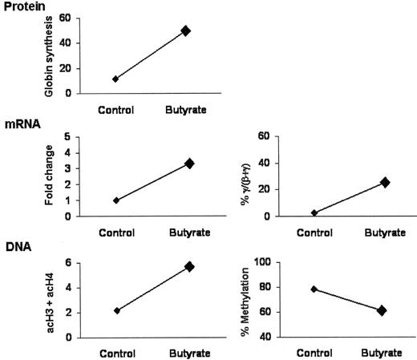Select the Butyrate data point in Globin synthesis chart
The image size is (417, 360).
(x=186, y=30)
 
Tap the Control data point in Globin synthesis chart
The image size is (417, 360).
(x=115, y=79)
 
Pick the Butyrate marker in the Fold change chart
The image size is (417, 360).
(x=189, y=163)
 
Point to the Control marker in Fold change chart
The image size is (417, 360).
(x=116, y=200)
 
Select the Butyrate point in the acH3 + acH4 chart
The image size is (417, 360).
(x=189, y=266)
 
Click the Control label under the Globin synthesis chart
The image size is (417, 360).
(x=115, y=108)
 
